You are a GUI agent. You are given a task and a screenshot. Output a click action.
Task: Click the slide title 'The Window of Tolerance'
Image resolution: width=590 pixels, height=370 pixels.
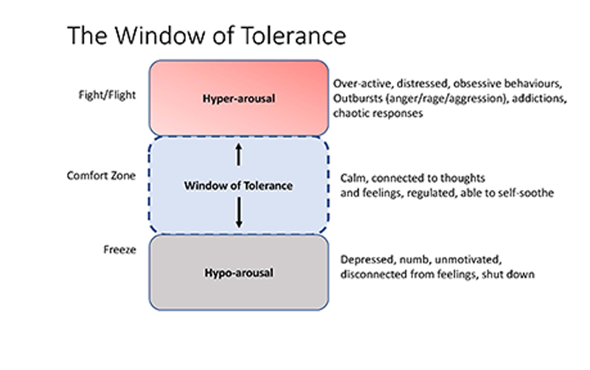click(x=206, y=35)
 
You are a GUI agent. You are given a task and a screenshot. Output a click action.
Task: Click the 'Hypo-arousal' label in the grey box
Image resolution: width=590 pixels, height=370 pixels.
click(x=238, y=273)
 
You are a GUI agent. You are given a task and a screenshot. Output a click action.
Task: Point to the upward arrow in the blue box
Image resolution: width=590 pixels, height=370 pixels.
click(x=238, y=154)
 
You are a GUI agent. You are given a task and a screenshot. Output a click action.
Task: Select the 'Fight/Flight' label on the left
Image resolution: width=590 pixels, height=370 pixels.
click(x=106, y=95)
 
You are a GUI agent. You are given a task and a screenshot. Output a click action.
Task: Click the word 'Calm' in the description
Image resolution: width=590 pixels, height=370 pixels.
click(x=353, y=178)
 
